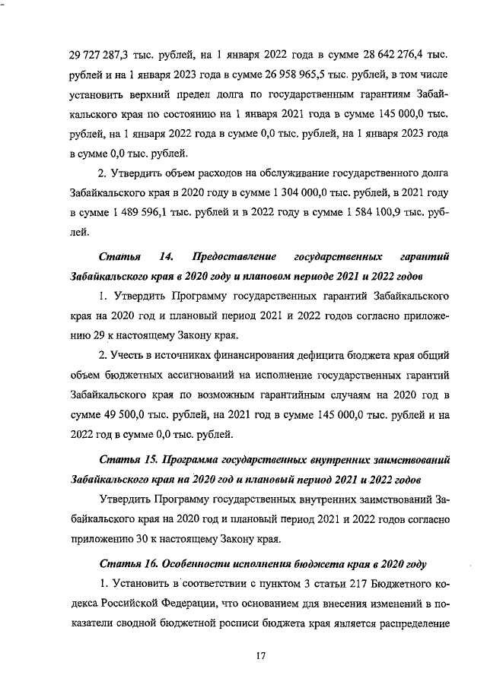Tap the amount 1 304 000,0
coord(304,193)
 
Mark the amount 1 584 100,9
coord(366,213)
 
